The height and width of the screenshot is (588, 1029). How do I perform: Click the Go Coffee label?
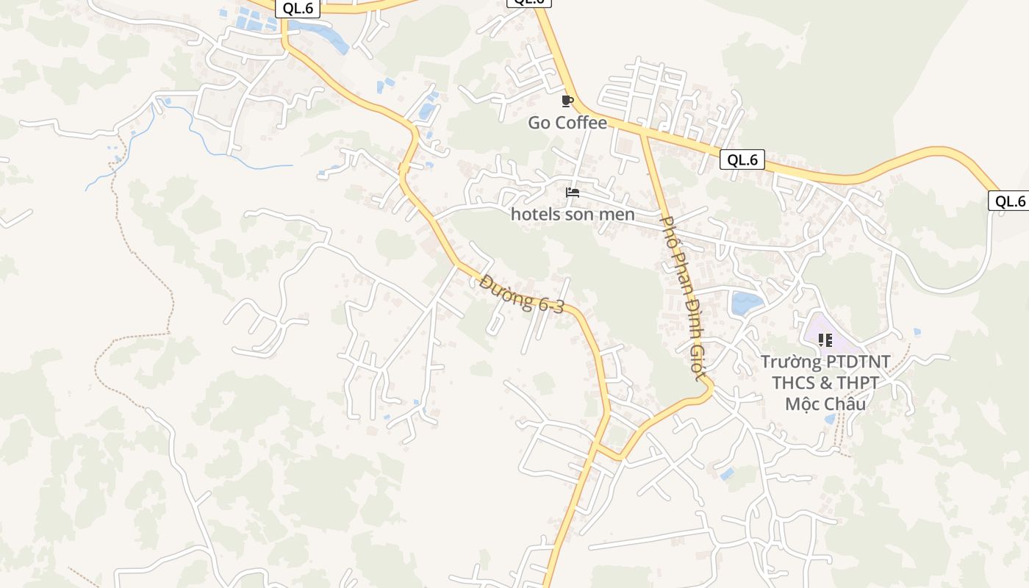567,123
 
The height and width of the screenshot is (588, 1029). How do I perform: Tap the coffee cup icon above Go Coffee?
567,101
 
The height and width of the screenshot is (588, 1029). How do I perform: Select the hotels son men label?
573,215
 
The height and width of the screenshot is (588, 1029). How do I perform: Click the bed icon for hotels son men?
573,193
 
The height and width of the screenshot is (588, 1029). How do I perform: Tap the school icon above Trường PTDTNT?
825,340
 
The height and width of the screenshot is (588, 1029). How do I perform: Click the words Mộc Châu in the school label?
825,404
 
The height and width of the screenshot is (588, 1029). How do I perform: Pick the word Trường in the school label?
791,362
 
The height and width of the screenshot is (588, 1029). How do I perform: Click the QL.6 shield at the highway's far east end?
1009,201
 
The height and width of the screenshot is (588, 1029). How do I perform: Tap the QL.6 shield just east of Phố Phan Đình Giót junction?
742,159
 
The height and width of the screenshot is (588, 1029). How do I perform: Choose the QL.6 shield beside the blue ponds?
298,8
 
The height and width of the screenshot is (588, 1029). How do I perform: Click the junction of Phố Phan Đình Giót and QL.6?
644,132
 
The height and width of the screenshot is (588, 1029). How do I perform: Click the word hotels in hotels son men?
534,215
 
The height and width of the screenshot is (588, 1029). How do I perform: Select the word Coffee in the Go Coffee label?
581,123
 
